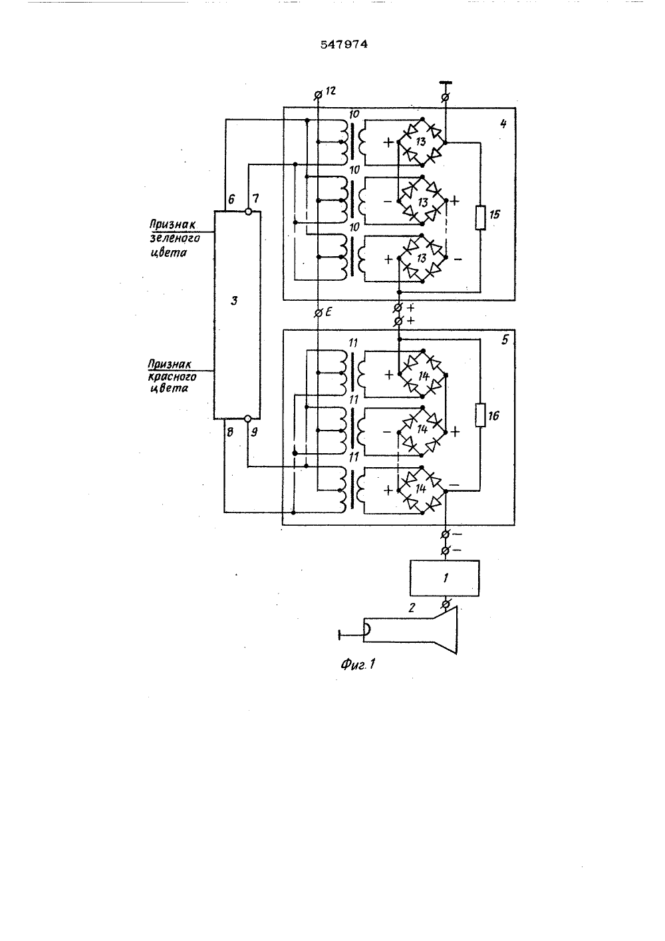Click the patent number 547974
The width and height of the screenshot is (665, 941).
coord(344,45)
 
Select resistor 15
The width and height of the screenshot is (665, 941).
coord(480,218)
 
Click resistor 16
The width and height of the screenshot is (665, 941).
coord(480,415)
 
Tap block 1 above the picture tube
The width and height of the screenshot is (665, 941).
coord(445,578)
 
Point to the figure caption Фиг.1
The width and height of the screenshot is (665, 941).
coord(358,664)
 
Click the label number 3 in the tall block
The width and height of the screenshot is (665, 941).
coord(234,300)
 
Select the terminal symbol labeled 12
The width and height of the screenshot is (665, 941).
coord(319,95)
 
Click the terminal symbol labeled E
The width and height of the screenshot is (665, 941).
coord(319,313)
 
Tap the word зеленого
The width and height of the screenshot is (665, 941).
coord(175,239)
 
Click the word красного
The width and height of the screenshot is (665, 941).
coord(172,377)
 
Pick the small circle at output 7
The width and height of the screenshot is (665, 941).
coord(248,212)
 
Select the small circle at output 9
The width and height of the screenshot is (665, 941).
coord(247,419)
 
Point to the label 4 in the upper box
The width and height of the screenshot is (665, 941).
coord(503,124)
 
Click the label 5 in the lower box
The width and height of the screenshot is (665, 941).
coord(505,339)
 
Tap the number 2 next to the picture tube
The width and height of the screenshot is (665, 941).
coord(412,608)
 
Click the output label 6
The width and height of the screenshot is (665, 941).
coord(231,199)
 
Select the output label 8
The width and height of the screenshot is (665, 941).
coord(230,432)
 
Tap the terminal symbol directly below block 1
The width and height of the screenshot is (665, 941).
coord(446,604)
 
